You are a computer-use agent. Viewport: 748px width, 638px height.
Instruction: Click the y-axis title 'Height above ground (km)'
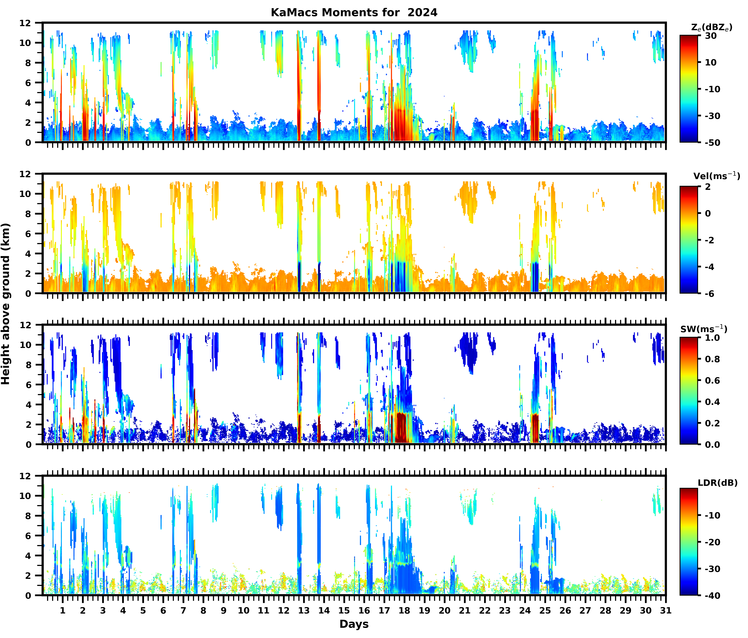(x=6, y=304)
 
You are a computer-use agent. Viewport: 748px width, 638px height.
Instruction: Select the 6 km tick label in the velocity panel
(x=28, y=234)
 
